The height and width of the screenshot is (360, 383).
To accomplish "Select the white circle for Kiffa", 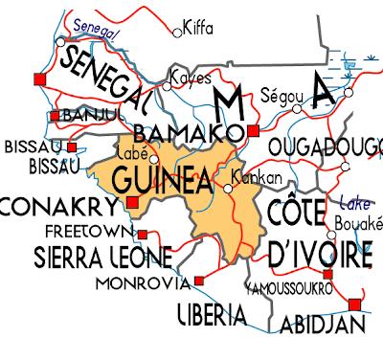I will pos(176,33).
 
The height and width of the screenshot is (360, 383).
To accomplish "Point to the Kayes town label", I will pos(190,78).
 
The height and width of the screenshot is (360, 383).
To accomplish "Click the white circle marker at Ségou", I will pos(297,108).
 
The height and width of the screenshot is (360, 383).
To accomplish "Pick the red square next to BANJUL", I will pos(55,115).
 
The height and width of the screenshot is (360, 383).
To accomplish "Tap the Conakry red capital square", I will pos(132,203).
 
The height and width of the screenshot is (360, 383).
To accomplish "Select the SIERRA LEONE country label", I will pos(90,257).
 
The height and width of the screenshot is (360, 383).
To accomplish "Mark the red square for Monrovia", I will pos(199,280).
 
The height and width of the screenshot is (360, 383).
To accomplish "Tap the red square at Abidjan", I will pos(354,304).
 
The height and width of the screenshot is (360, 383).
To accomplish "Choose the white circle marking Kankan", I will pos(228,189).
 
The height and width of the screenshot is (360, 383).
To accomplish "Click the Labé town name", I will pos(128,150).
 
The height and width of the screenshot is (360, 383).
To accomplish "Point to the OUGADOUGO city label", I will pos(326,146).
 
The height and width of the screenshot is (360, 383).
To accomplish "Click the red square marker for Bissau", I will pos(73,146).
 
